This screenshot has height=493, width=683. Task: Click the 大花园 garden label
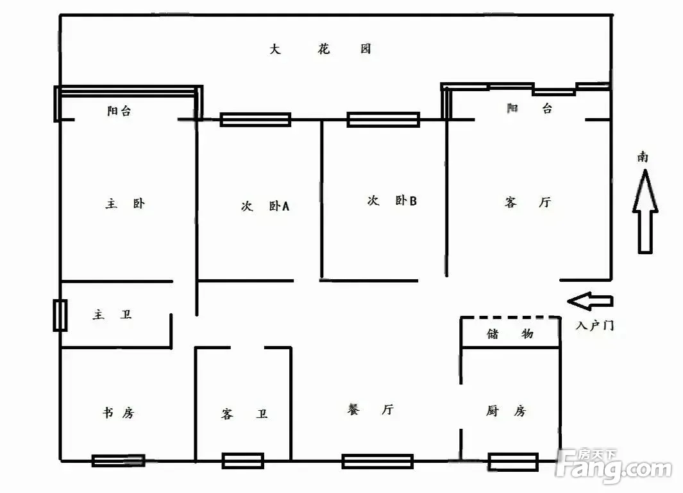(x=320, y=49)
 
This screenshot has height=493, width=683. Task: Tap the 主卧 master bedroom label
(x=125, y=204)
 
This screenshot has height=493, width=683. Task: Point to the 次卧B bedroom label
(x=392, y=201)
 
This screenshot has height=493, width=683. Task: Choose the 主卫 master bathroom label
(x=112, y=315)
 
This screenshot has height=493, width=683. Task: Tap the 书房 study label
(x=119, y=413)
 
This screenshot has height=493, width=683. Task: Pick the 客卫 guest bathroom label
(x=244, y=414)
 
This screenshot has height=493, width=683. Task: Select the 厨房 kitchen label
(x=506, y=411)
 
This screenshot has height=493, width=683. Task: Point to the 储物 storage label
(x=510, y=334)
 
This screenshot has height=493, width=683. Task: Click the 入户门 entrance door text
(x=594, y=325)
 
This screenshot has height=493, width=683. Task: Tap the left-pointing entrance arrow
(x=590, y=300)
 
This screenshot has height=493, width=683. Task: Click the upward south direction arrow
(x=645, y=212)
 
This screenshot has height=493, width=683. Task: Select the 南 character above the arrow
(x=643, y=157)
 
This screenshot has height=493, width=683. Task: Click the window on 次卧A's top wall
(x=255, y=119)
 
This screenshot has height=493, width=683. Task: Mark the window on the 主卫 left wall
(x=60, y=315)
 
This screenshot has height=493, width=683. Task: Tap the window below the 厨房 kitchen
(x=512, y=462)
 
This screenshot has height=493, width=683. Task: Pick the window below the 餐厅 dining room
(x=377, y=461)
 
